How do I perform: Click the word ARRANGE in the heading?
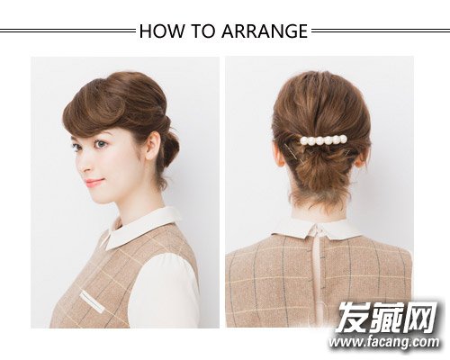[x=265, y=31]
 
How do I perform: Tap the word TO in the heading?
[x=203, y=31]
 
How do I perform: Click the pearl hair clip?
[x=324, y=139]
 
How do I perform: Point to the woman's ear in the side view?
[x=153, y=147]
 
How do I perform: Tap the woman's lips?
[x=94, y=182]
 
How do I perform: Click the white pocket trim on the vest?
[x=92, y=301]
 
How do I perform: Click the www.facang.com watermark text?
[x=384, y=342]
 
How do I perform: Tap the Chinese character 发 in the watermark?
[x=352, y=318]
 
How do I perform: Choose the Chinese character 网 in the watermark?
[x=419, y=318]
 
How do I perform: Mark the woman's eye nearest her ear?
[x=102, y=144]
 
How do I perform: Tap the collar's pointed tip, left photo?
[x=107, y=249]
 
